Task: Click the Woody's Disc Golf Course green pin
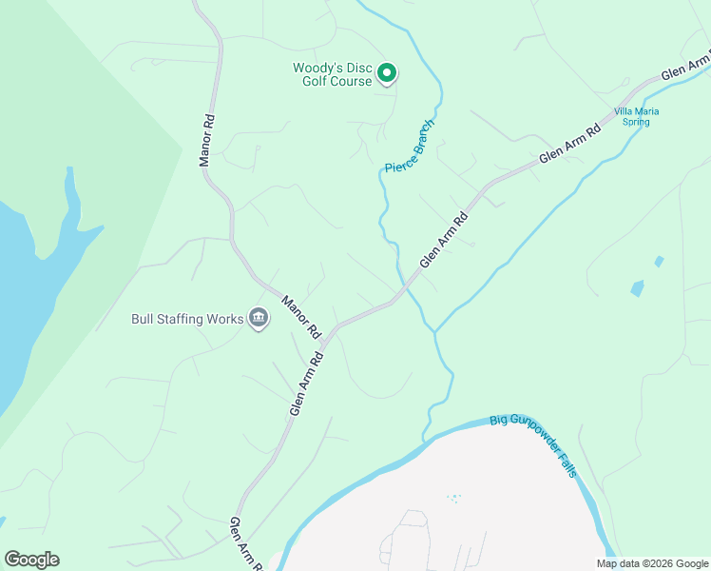click(x=387, y=72)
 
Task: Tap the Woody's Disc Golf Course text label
click(x=332, y=74)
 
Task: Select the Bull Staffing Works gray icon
click(x=258, y=318)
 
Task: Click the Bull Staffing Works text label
click(x=187, y=319)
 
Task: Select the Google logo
click(x=31, y=560)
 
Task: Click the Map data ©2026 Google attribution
click(x=651, y=563)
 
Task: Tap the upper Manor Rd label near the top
click(x=206, y=141)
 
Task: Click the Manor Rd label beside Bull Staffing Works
click(x=301, y=318)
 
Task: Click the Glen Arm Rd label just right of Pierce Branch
click(x=445, y=239)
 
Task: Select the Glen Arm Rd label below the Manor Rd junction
click(x=307, y=383)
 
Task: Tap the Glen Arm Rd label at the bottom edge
click(x=245, y=544)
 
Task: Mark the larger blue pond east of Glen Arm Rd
click(x=637, y=288)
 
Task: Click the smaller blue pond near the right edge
click(x=659, y=261)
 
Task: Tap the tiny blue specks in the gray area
click(x=454, y=498)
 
